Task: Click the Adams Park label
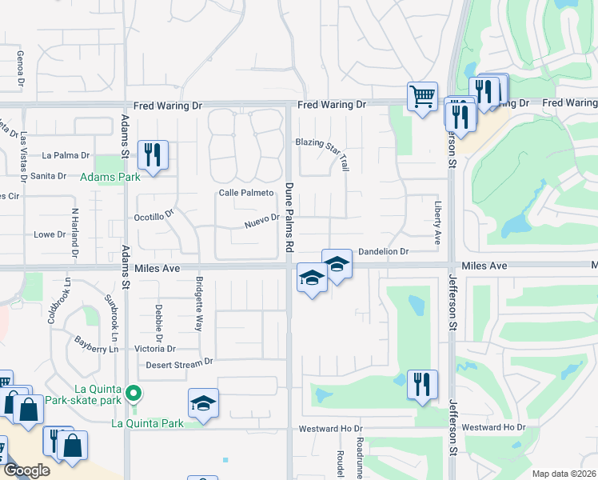(110, 176)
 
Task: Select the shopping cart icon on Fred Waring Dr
(422, 97)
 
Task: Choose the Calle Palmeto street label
(246, 193)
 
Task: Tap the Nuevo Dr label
(261, 218)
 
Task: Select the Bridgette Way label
(199, 304)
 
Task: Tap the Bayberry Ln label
(98, 342)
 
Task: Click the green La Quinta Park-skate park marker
(135, 393)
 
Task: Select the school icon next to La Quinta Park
(203, 404)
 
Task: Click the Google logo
(26, 470)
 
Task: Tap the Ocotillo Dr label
(154, 216)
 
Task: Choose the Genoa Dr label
(19, 66)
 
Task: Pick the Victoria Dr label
(155, 349)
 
